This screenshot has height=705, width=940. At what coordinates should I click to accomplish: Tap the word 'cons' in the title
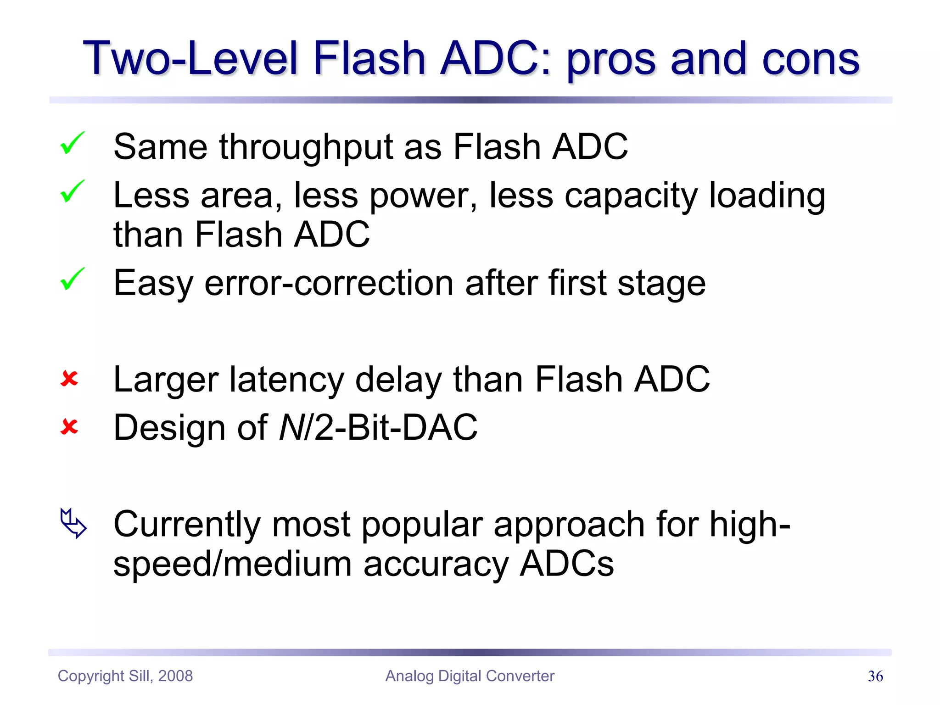810,58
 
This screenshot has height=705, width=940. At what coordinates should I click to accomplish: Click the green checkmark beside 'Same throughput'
72,143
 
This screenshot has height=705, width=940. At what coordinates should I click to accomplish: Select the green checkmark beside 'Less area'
72,191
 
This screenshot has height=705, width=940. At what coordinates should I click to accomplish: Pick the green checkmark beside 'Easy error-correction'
72,279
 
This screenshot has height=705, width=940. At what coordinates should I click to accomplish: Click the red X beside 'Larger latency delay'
69,379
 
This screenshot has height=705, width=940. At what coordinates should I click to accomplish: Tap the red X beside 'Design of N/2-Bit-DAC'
69,427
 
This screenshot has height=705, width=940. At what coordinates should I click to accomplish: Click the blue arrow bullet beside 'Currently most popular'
73,523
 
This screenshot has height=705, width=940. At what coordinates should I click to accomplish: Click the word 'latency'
286,380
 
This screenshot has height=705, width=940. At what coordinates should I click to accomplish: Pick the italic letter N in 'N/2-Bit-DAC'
291,428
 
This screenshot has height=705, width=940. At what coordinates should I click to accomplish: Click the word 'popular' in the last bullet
422,525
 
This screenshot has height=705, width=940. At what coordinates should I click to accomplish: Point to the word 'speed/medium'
232,565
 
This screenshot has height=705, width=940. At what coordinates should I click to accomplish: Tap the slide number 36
875,676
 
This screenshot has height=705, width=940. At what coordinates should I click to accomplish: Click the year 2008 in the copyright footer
175,676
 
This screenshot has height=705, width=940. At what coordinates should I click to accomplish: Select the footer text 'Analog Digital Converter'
470,676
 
